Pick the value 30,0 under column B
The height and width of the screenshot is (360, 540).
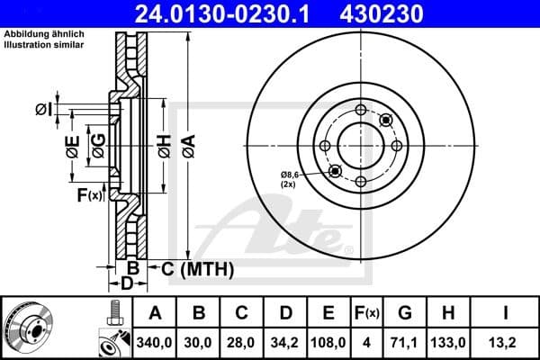click(199, 343)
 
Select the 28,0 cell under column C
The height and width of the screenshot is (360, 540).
click(242, 343)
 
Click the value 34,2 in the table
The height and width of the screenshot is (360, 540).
click(285, 343)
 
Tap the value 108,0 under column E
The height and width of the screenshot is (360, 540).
click(328, 343)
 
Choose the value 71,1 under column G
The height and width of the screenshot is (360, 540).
click(405, 343)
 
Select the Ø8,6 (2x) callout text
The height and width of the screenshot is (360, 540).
click(290, 177)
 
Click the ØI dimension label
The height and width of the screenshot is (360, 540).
click(42, 110)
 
